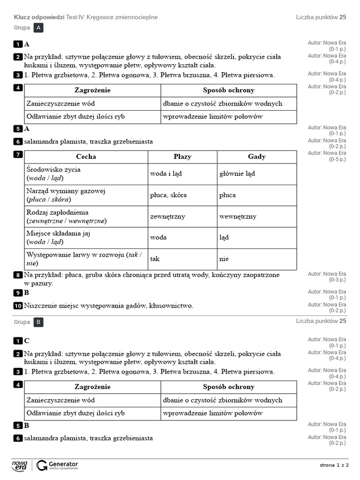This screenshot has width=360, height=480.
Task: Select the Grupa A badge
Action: [x=39, y=28]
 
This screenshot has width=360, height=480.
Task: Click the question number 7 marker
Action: [x=18, y=155]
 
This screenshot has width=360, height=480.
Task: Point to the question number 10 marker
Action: [x=18, y=306]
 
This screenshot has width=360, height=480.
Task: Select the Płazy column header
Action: [x=182, y=157]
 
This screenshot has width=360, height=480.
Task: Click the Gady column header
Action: [x=256, y=157]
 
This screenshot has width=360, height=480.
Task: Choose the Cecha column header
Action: [x=86, y=157]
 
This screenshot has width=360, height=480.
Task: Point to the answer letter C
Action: [x=27, y=341]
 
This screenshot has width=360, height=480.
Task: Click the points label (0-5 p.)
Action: [x=337, y=159]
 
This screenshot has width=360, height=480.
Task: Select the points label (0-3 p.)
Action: [x=337, y=280]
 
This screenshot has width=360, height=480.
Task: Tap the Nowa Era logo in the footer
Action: [x=20, y=465]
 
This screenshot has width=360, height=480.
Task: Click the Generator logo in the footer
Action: [x=57, y=465]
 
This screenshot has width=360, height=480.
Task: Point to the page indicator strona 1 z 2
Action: [x=334, y=465]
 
